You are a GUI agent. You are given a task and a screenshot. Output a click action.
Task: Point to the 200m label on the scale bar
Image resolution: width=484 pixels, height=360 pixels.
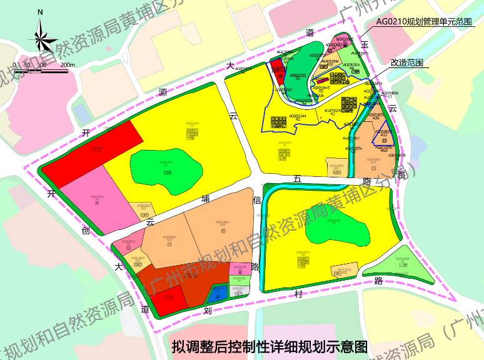pos(67,64)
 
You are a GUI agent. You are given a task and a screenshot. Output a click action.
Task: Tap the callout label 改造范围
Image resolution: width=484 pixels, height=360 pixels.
pos(406,62)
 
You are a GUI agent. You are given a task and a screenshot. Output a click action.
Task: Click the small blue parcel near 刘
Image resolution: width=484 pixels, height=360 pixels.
pos(218,292)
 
